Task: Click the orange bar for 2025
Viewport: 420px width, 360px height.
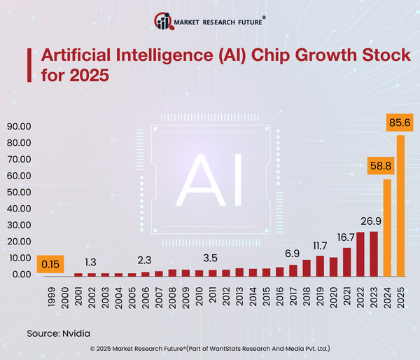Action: tap(400, 205)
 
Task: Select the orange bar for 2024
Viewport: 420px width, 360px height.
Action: tap(387, 228)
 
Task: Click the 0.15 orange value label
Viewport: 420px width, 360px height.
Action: tap(50, 265)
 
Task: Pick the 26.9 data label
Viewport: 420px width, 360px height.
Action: tap(370, 222)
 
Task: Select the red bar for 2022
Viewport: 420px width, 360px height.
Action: tap(360, 254)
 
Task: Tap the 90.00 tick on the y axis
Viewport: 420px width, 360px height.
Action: tap(20, 127)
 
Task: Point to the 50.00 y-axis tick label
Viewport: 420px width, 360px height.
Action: tap(20, 193)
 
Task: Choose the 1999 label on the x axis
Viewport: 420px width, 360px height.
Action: tap(51, 294)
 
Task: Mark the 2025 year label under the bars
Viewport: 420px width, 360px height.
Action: tap(400, 294)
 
